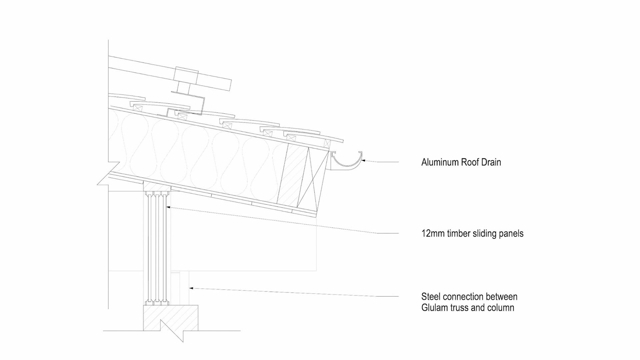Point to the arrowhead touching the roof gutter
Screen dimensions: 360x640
tap(364, 161)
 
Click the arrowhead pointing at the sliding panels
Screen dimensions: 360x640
tap(168, 207)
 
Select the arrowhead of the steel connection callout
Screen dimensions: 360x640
tap(191, 288)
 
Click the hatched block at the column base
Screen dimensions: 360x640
tap(170, 317)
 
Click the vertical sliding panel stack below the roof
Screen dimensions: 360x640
tap(157, 248)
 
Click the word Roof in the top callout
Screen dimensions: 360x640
tap(469, 162)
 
